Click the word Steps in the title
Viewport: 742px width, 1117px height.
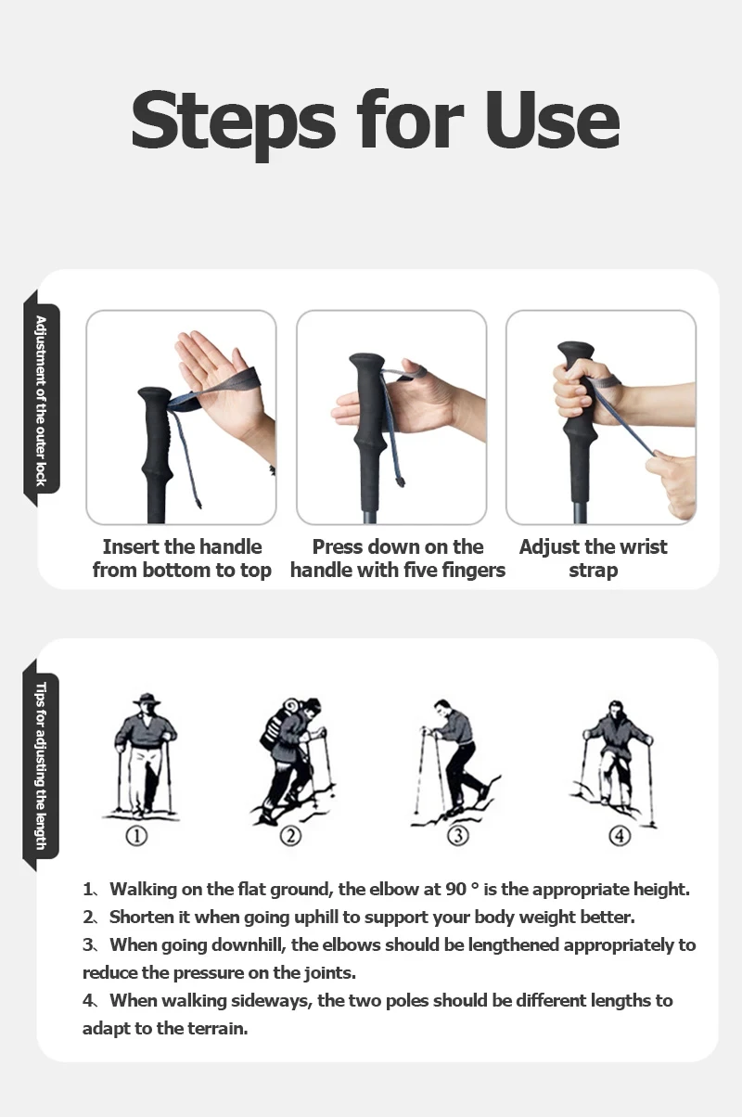(x=234, y=124)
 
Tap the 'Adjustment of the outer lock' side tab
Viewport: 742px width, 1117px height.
(x=41, y=399)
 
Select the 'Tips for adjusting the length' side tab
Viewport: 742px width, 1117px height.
(x=41, y=766)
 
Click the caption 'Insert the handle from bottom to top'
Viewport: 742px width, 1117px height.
(x=182, y=558)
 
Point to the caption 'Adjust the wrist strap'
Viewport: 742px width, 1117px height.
(x=593, y=558)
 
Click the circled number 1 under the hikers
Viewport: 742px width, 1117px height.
(x=136, y=835)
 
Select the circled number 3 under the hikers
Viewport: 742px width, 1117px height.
(x=458, y=835)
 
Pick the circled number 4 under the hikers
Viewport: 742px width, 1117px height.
(x=620, y=835)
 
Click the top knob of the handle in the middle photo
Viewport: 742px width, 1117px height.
(x=366, y=363)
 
